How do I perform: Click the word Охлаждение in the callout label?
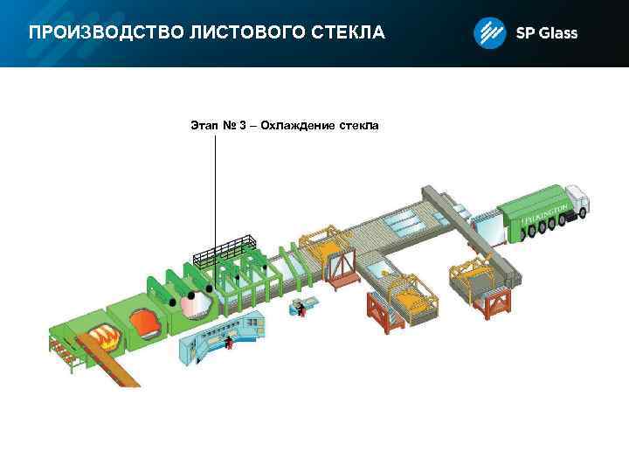pyautogui.click(x=297, y=126)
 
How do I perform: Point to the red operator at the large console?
pyautogui.click(x=229, y=340)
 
